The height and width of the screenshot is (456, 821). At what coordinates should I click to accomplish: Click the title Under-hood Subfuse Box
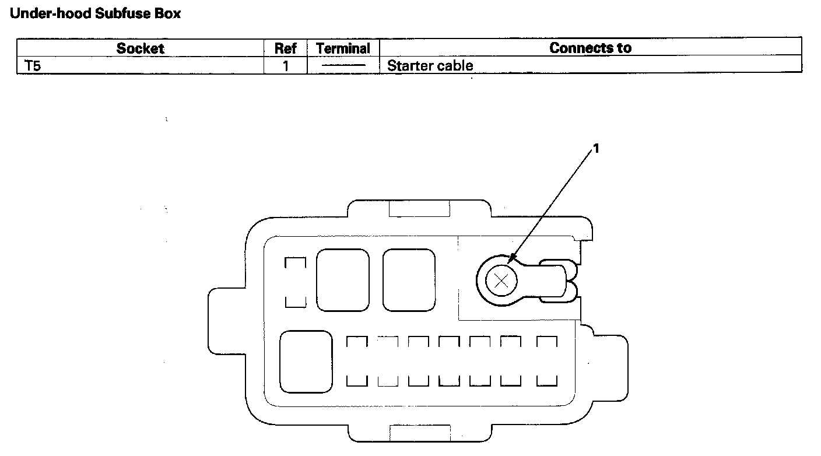[x=95, y=14]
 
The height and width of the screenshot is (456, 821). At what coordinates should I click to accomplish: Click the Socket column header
[x=140, y=48]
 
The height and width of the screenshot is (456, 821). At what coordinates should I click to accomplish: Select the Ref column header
[x=286, y=48]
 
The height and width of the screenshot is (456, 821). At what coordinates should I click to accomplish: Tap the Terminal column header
[x=343, y=48]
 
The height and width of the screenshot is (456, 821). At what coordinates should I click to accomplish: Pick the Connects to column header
[x=590, y=48]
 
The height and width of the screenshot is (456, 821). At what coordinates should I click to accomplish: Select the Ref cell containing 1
[x=286, y=65]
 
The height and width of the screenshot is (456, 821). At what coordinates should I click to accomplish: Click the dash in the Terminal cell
[x=343, y=66]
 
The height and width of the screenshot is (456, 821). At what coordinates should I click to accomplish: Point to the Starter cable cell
[x=430, y=65]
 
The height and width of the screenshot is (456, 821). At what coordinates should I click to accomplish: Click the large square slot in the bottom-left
[x=306, y=362]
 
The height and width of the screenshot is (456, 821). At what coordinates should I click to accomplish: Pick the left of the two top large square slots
[x=343, y=280]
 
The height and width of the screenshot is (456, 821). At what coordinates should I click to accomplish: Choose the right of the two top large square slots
[x=409, y=280]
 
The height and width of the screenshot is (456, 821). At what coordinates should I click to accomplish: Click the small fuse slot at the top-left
[x=295, y=282]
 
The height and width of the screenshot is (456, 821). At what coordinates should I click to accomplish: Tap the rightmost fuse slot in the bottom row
[x=547, y=362]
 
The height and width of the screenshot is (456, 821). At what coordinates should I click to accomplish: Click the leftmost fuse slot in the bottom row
[x=357, y=362]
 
